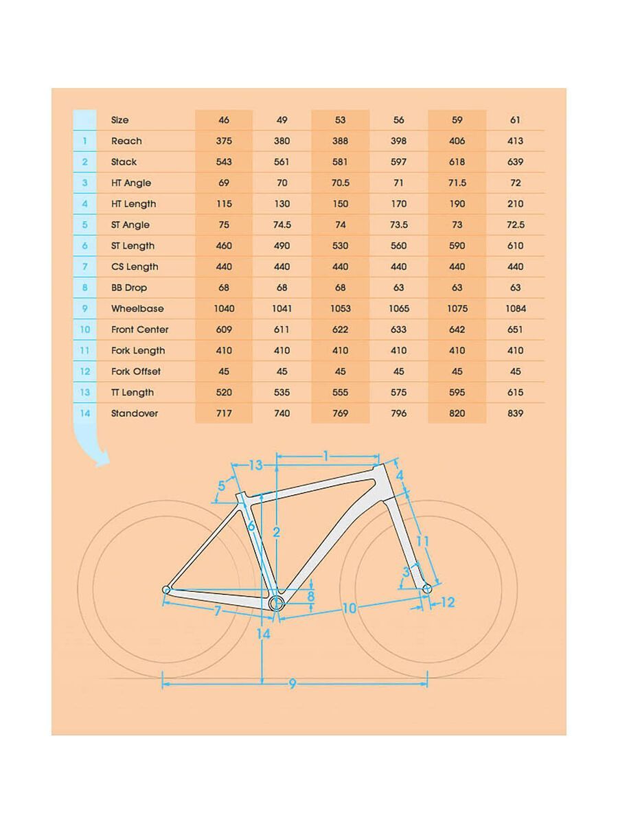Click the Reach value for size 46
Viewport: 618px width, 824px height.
224,141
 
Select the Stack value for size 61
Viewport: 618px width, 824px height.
516,162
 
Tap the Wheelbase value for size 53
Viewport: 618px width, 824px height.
341,308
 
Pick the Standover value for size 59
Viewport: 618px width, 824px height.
457,413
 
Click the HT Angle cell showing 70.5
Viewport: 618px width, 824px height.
341,183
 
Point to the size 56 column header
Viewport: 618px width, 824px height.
399,119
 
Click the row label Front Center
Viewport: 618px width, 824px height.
139,330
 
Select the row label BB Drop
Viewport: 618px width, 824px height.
129,288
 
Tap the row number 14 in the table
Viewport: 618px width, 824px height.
85,413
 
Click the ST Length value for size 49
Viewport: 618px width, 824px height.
282,246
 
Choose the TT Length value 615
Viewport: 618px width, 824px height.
516,392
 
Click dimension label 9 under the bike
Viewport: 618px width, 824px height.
292,684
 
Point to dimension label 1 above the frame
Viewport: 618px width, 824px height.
327,455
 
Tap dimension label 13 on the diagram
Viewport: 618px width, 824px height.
255,466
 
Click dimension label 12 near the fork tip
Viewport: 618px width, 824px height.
448,603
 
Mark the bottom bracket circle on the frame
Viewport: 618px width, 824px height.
276,603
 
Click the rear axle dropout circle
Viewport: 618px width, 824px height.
166,589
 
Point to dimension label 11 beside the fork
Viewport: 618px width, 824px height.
422,541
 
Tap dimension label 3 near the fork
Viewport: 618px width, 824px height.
406,571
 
